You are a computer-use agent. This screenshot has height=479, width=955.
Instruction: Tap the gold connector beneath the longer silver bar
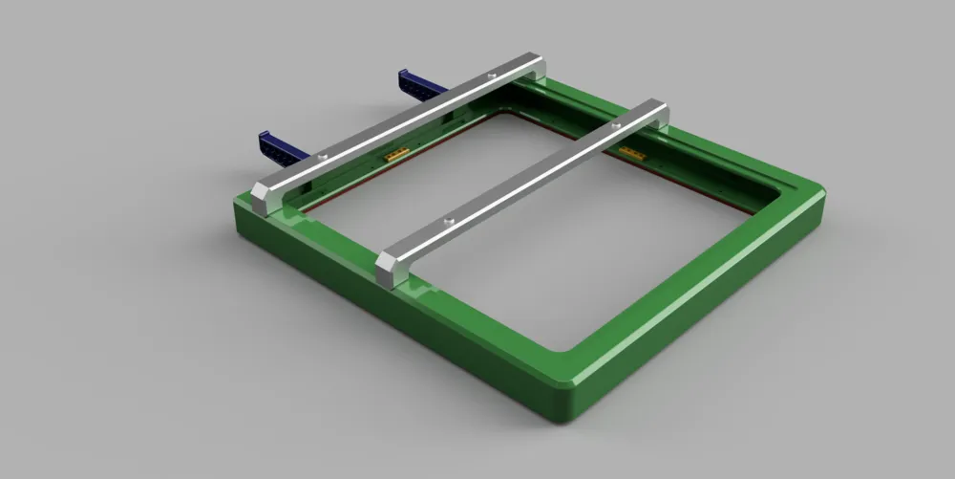pos(395,153)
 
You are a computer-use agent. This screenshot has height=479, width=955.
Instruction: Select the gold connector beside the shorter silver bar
pos(630,152)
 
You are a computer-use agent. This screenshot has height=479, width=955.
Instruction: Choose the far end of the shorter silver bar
pos(656,108)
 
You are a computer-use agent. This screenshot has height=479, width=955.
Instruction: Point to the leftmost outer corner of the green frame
pos(237,201)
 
